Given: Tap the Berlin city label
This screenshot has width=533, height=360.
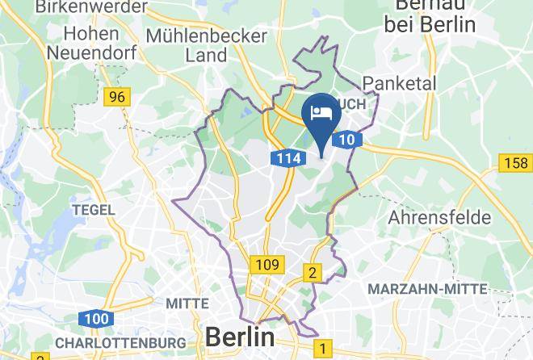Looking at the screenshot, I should (240, 336).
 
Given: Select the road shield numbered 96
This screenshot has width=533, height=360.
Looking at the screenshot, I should (118, 97).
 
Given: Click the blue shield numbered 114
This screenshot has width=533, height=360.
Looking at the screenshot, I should (287, 158).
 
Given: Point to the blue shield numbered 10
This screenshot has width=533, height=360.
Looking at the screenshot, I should (346, 140).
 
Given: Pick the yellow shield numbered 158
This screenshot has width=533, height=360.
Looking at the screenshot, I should (515, 163).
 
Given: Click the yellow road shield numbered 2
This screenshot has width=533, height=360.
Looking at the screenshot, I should (313, 272).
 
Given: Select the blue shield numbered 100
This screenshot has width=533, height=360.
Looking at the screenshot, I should (96, 319).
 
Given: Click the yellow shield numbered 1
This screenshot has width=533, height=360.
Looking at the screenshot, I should (324, 349).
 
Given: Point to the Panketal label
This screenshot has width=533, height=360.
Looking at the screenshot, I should (399, 83).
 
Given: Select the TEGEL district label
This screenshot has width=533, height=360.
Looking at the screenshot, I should (94, 210).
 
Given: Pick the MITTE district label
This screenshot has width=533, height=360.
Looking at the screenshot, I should (187, 303).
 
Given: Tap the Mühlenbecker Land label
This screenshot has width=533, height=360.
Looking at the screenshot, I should (206, 46).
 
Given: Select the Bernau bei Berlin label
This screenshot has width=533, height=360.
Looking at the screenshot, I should (430, 15).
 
